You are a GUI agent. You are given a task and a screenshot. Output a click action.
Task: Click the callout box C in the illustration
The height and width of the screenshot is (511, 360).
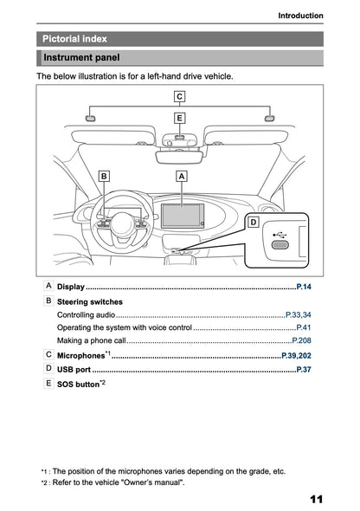179,96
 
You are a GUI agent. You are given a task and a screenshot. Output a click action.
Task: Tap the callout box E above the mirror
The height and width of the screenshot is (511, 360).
179,117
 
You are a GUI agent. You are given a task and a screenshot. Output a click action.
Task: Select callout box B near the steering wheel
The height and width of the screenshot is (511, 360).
105,176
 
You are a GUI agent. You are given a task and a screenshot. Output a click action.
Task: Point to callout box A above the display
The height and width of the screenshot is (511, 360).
182,176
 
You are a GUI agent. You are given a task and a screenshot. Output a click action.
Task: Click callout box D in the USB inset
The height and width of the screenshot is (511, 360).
253,223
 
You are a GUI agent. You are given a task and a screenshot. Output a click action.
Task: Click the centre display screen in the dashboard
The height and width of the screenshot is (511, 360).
182,213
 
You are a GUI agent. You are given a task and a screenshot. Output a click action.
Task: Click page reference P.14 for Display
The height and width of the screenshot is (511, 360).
303,286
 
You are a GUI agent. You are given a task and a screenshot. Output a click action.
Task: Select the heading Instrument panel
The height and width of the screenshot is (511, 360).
82,57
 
